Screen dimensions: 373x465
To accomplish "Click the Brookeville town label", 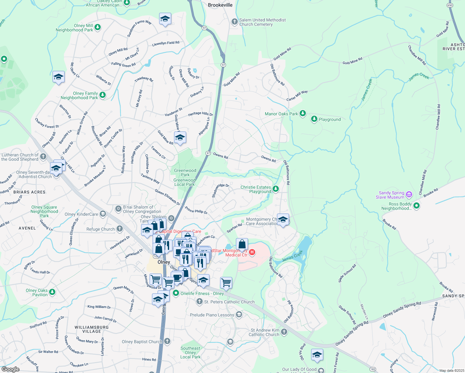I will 220,5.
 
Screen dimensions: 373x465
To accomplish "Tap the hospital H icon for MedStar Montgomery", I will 252,252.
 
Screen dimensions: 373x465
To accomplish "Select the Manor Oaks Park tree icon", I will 303,113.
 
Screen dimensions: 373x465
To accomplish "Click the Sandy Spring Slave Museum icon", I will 409,195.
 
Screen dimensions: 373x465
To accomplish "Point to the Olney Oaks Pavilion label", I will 37,292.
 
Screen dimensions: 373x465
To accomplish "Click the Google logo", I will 10,369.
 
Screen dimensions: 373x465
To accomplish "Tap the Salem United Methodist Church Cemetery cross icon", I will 235,22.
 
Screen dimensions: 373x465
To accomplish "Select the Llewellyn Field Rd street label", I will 166,44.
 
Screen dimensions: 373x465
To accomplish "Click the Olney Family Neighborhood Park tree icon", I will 103,95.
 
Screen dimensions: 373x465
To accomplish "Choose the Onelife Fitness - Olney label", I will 202,293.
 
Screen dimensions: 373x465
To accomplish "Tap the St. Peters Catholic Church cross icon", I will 200,302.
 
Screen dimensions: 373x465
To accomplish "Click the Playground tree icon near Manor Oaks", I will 314,119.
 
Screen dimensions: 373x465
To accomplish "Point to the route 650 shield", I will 450,5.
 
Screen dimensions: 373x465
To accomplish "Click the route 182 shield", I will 373,369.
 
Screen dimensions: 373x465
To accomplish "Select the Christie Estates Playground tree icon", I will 276,189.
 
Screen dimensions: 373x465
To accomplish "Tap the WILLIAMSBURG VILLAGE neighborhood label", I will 92,329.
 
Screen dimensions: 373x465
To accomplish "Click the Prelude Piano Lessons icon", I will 239,315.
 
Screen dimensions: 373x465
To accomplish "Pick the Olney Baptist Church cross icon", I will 167,341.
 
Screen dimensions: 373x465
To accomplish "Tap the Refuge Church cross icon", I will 120,229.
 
